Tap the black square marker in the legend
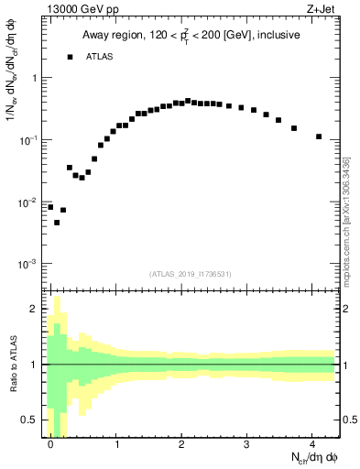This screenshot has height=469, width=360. pyautogui.click(x=70, y=57)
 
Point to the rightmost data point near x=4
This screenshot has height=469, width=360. pyautogui.click(x=319, y=136)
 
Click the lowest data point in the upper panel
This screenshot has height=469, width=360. pyautogui.click(x=57, y=223)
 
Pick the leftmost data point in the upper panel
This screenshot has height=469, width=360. pyautogui.click(x=50, y=207)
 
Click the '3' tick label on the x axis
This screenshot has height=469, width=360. pyautogui.click(x=247, y=444)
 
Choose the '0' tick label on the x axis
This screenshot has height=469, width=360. pyautogui.click(x=50, y=444)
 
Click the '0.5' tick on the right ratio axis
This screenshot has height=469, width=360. pyautogui.click(x=348, y=420)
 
